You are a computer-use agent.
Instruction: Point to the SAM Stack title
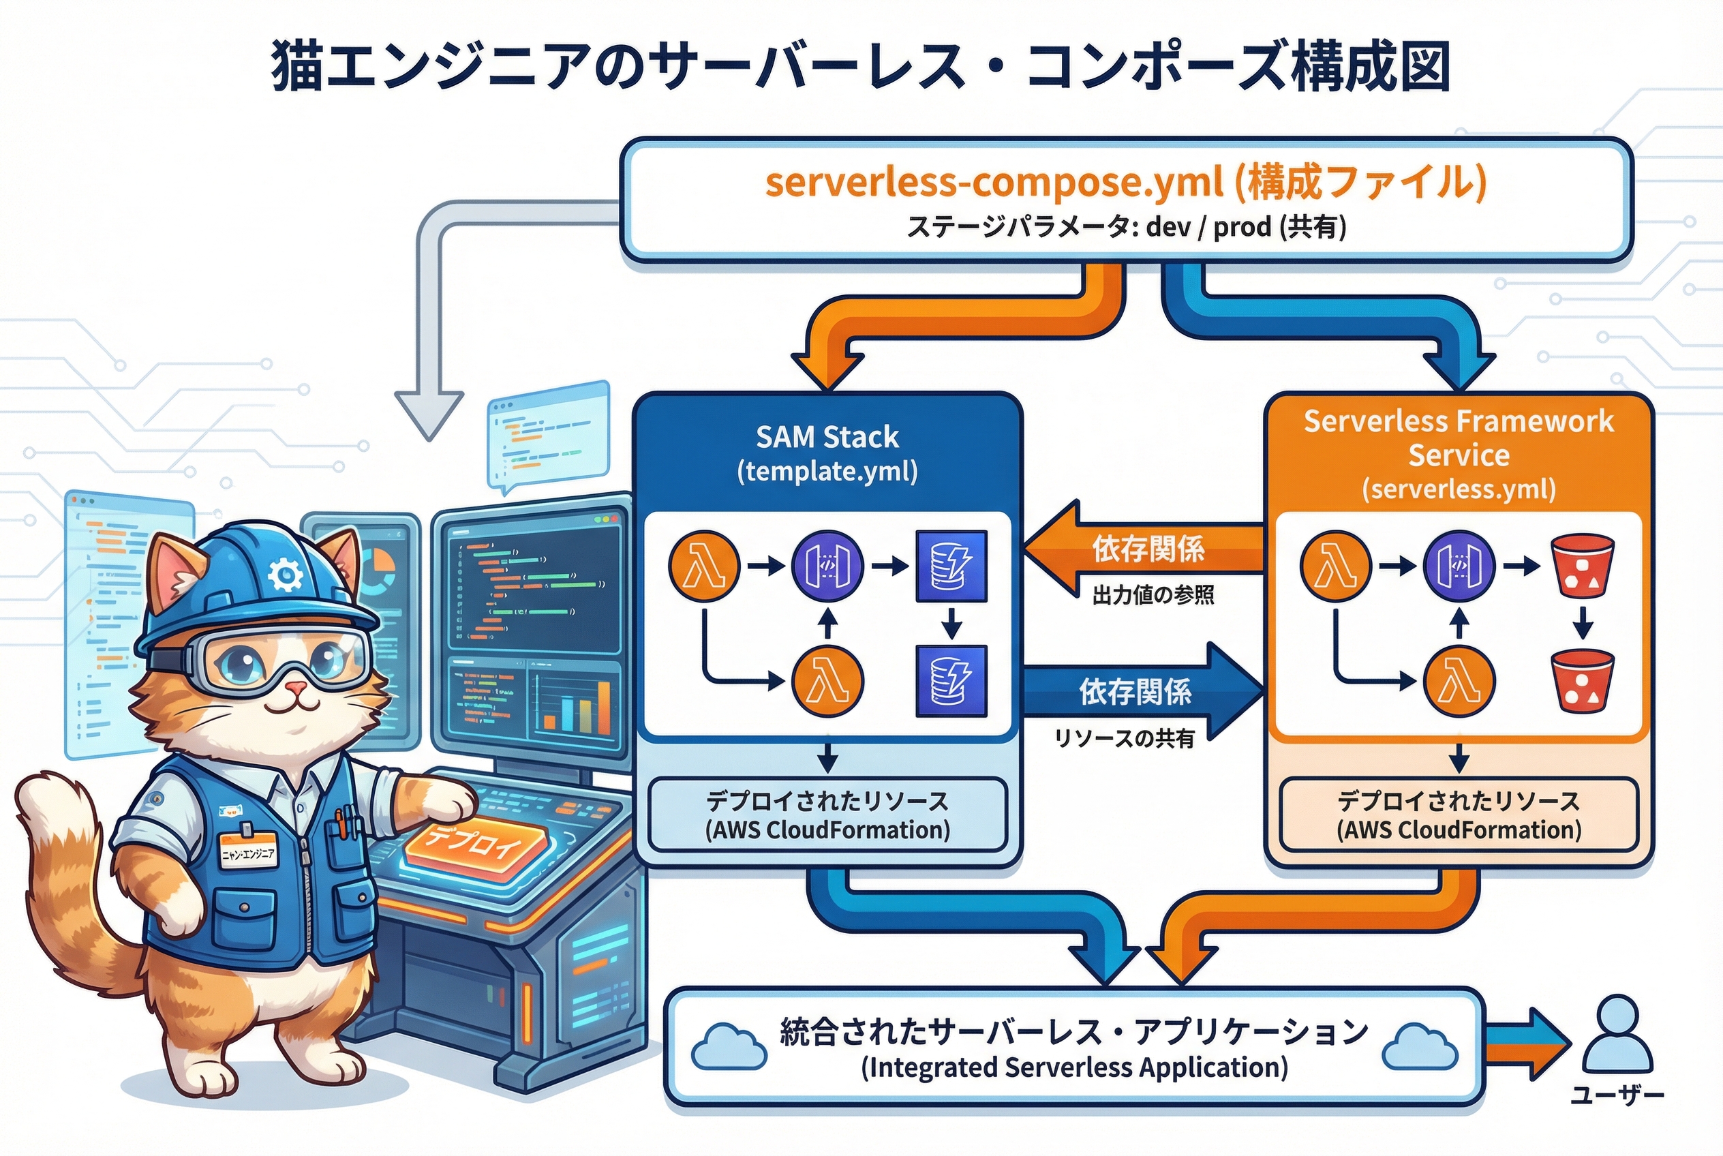tap(827, 437)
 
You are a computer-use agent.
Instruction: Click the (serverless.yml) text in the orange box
tap(1459, 489)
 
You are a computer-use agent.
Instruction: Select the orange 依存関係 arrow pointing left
tap(1144, 549)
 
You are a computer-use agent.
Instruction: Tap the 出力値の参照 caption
tap(1153, 594)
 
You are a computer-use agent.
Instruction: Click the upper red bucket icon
tap(1583, 566)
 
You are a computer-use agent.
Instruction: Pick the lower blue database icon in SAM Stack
tap(951, 680)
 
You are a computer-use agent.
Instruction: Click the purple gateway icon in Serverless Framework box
tap(1459, 566)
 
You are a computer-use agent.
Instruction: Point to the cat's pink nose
tap(296, 688)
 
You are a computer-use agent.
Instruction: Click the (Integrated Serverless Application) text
tap(1074, 1067)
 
